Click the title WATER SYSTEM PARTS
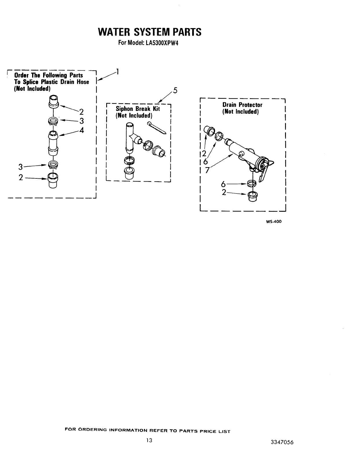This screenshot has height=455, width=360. click(x=149, y=32)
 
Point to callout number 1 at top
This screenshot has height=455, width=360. click(x=117, y=71)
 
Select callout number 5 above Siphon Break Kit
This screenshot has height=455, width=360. click(x=175, y=90)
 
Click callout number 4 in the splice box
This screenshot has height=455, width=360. click(x=82, y=130)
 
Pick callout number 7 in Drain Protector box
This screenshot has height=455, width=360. click(x=207, y=170)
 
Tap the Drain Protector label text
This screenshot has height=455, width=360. click(x=242, y=105)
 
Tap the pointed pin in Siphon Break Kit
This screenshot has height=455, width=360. click(x=156, y=128)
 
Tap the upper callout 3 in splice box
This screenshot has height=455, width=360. click(x=82, y=121)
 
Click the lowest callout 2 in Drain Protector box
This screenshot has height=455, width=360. click(x=224, y=192)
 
